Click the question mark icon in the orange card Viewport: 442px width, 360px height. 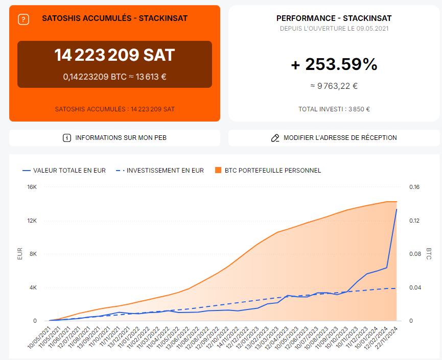(24, 19)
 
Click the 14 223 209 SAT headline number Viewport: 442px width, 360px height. (114, 55)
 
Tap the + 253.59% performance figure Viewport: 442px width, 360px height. (334, 64)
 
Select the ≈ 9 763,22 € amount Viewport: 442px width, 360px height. (334, 86)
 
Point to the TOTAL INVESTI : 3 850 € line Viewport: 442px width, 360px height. (334, 109)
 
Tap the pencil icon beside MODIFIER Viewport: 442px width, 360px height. (275, 138)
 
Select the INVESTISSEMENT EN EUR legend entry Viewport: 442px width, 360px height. (165, 171)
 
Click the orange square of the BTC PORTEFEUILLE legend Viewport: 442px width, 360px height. (218, 171)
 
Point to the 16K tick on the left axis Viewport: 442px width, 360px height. (32, 187)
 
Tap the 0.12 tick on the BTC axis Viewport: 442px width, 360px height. (414, 221)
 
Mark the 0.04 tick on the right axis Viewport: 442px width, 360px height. (414, 288)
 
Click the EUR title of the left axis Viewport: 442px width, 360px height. (20, 254)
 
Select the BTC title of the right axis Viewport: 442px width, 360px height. (428, 254)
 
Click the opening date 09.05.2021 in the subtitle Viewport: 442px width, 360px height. (372, 29)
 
